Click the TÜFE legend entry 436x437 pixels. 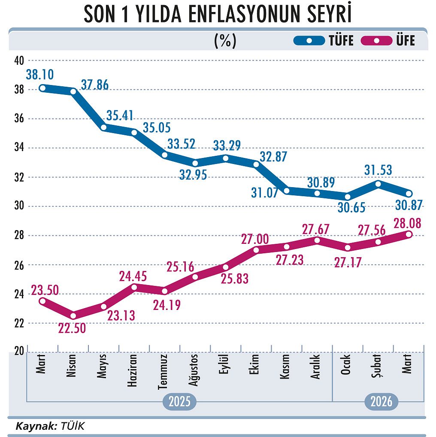point(324,41)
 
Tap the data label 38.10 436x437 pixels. point(39,75)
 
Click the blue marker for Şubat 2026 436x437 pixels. point(378,184)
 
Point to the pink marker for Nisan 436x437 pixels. point(73,316)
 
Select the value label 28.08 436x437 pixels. point(407,223)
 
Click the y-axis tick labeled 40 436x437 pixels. point(18,61)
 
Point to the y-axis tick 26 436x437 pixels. point(18,265)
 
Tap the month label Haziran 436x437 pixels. point(133,371)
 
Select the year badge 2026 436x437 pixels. point(381,402)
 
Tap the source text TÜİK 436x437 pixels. point(73,426)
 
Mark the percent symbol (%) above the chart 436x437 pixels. point(225,41)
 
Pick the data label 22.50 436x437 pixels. point(72,329)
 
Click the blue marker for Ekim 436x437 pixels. point(256,164)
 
